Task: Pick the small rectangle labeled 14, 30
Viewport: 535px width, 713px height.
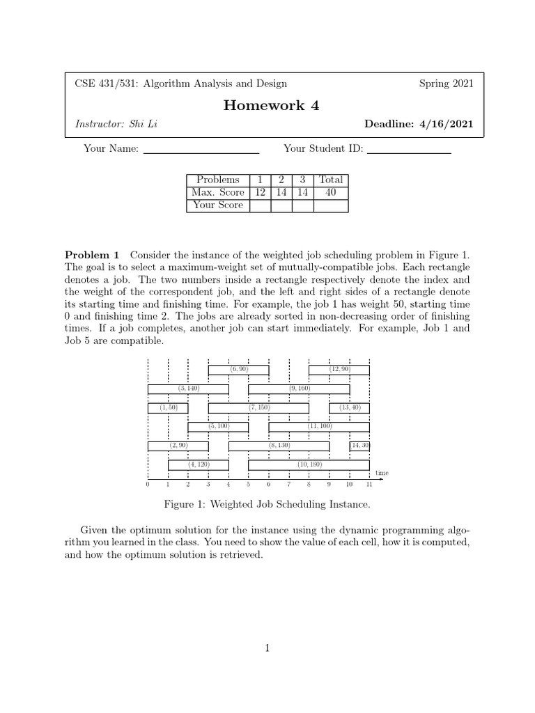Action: (359, 446)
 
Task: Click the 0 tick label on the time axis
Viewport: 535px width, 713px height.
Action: (148, 484)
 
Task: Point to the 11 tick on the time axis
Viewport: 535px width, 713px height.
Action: (369, 484)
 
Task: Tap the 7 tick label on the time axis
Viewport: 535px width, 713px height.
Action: (288, 484)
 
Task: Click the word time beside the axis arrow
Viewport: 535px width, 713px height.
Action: (382, 473)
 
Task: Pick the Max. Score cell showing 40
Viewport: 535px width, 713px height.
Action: (330, 192)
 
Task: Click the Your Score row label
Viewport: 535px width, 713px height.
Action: (219, 205)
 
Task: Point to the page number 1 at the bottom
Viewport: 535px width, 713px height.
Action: (267, 648)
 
